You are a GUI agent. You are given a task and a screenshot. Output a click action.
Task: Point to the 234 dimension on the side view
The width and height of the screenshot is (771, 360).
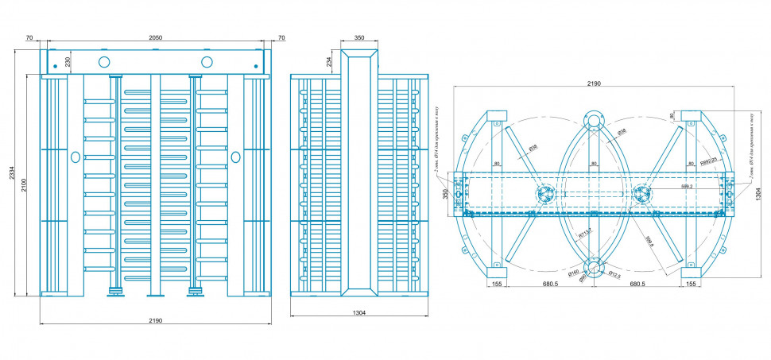[x=329, y=62]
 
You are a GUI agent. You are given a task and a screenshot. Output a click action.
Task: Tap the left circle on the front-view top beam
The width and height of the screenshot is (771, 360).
[x=104, y=61]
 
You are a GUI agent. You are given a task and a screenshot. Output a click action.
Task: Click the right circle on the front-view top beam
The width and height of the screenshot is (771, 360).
[x=207, y=61]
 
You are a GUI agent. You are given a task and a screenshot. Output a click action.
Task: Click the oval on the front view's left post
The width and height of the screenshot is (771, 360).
[x=75, y=157]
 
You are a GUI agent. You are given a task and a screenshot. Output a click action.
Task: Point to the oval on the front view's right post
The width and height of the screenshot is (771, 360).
[x=235, y=157]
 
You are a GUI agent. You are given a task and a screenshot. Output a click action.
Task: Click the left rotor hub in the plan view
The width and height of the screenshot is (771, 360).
[x=544, y=193]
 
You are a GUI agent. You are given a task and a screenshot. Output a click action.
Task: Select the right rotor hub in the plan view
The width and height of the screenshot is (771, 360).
[x=641, y=193]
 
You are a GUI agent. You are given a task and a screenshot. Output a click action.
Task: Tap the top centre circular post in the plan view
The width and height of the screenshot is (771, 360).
[x=593, y=121]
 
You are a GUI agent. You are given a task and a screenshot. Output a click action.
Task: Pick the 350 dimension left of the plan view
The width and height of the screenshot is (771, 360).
[x=445, y=193]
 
